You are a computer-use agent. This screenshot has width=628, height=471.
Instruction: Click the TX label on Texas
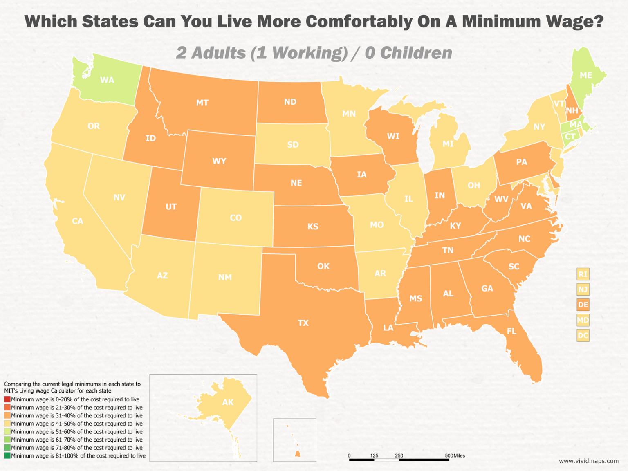[303, 323]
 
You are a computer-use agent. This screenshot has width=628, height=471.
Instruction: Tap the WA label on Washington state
[107, 80]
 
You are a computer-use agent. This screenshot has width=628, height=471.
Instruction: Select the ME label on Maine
[586, 75]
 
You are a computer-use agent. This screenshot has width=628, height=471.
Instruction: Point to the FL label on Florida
[511, 331]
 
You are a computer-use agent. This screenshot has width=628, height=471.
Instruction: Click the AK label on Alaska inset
[228, 402]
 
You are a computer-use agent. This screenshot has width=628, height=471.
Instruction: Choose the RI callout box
[583, 274]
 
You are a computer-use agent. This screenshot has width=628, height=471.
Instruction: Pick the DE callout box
[583, 305]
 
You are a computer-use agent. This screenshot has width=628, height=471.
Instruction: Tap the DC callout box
[583, 336]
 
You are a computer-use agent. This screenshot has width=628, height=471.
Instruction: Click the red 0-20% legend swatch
[7, 399]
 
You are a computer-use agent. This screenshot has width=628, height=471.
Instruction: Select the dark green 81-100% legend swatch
[7, 455]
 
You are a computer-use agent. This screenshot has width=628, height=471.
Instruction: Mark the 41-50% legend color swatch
[7, 424]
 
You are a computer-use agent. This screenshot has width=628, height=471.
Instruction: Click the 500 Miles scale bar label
[455, 455]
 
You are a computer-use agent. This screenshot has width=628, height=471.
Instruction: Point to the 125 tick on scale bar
[374, 455]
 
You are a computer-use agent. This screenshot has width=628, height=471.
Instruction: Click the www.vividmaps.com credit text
[589, 461]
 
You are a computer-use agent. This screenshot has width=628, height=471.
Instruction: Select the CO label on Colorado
[235, 218]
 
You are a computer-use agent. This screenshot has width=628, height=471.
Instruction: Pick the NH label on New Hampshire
[572, 110]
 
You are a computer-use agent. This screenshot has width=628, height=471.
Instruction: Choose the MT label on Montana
[202, 103]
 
